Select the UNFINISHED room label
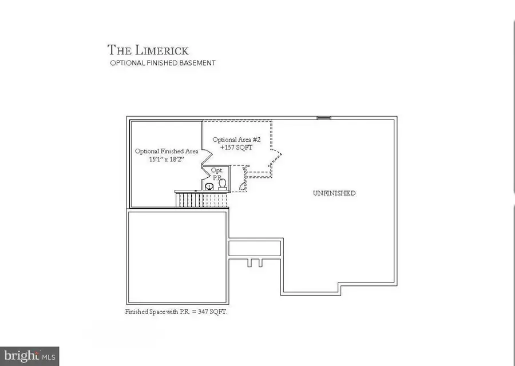pos(334,193)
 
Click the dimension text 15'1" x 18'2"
pos(167,160)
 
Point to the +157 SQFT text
pos(236,148)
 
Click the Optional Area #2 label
pos(237,140)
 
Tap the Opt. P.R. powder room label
pos(217,174)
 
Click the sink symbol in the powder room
pos(209,186)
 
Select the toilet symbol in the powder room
pos(223,184)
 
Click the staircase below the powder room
pos(201,200)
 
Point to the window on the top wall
pos(324,118)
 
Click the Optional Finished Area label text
pos(167,152)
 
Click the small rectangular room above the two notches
pos(255,248)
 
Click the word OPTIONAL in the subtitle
pos(127,63)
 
